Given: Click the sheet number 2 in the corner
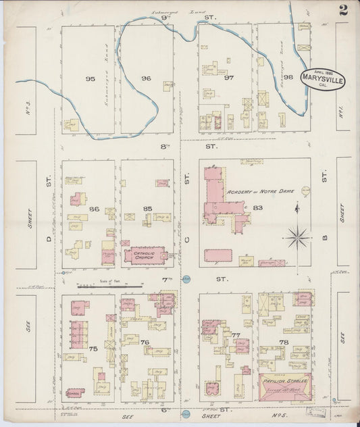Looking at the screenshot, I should [x=343, y=9].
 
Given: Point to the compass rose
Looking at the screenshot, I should [x=297, y=236].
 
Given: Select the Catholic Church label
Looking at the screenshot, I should [x=143, y=255].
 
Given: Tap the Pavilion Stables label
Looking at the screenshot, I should [x=285, y=382].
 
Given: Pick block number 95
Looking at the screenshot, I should [x=91, y=78].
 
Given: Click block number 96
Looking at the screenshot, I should [x=145, y=78].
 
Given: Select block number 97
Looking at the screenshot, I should [x=229, y=78].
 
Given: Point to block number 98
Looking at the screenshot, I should [x=288, y=77].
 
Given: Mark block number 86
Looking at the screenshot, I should [x=93, y=209].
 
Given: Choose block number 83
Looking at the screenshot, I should [x=257, y=208].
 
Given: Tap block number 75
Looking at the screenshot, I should [x=93, y=348].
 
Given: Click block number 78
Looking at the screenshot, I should [x=284, y=343].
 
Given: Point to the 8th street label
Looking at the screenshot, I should [x=164, y=146].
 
